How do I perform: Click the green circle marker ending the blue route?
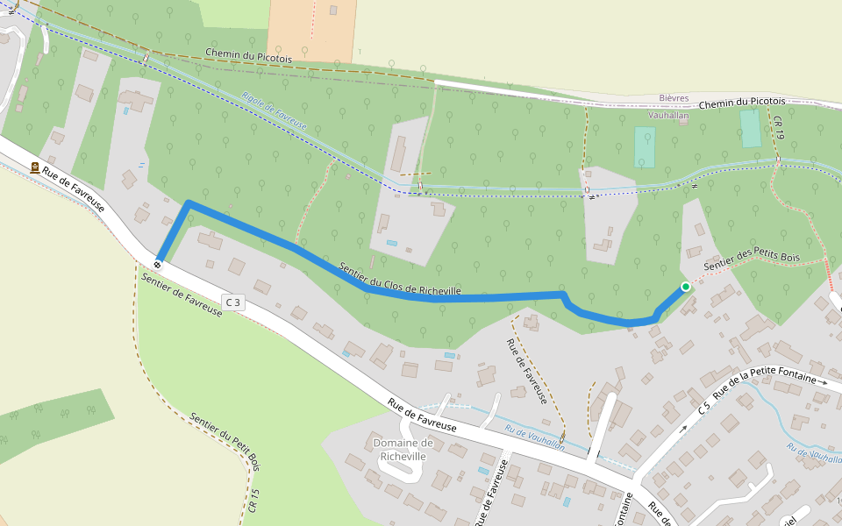(x=685, y=287)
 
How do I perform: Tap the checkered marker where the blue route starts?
(x=157, y=263)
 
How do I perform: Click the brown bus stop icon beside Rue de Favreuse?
(x=35, y=168)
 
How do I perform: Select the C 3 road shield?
(x=232, y=302)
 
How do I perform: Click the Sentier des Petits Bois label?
(x=753, y=260)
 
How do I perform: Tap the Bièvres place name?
(x=674, y=98)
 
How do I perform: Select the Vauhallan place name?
(x=668, y=115)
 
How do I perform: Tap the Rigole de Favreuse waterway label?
(x=274, y=111)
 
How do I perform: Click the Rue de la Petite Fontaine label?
(x=763, y=379)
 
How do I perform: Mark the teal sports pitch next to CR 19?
(x=750, y=128)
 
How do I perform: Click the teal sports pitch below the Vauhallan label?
(x=645, y=147)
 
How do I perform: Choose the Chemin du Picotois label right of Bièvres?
(x=743, y=103)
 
